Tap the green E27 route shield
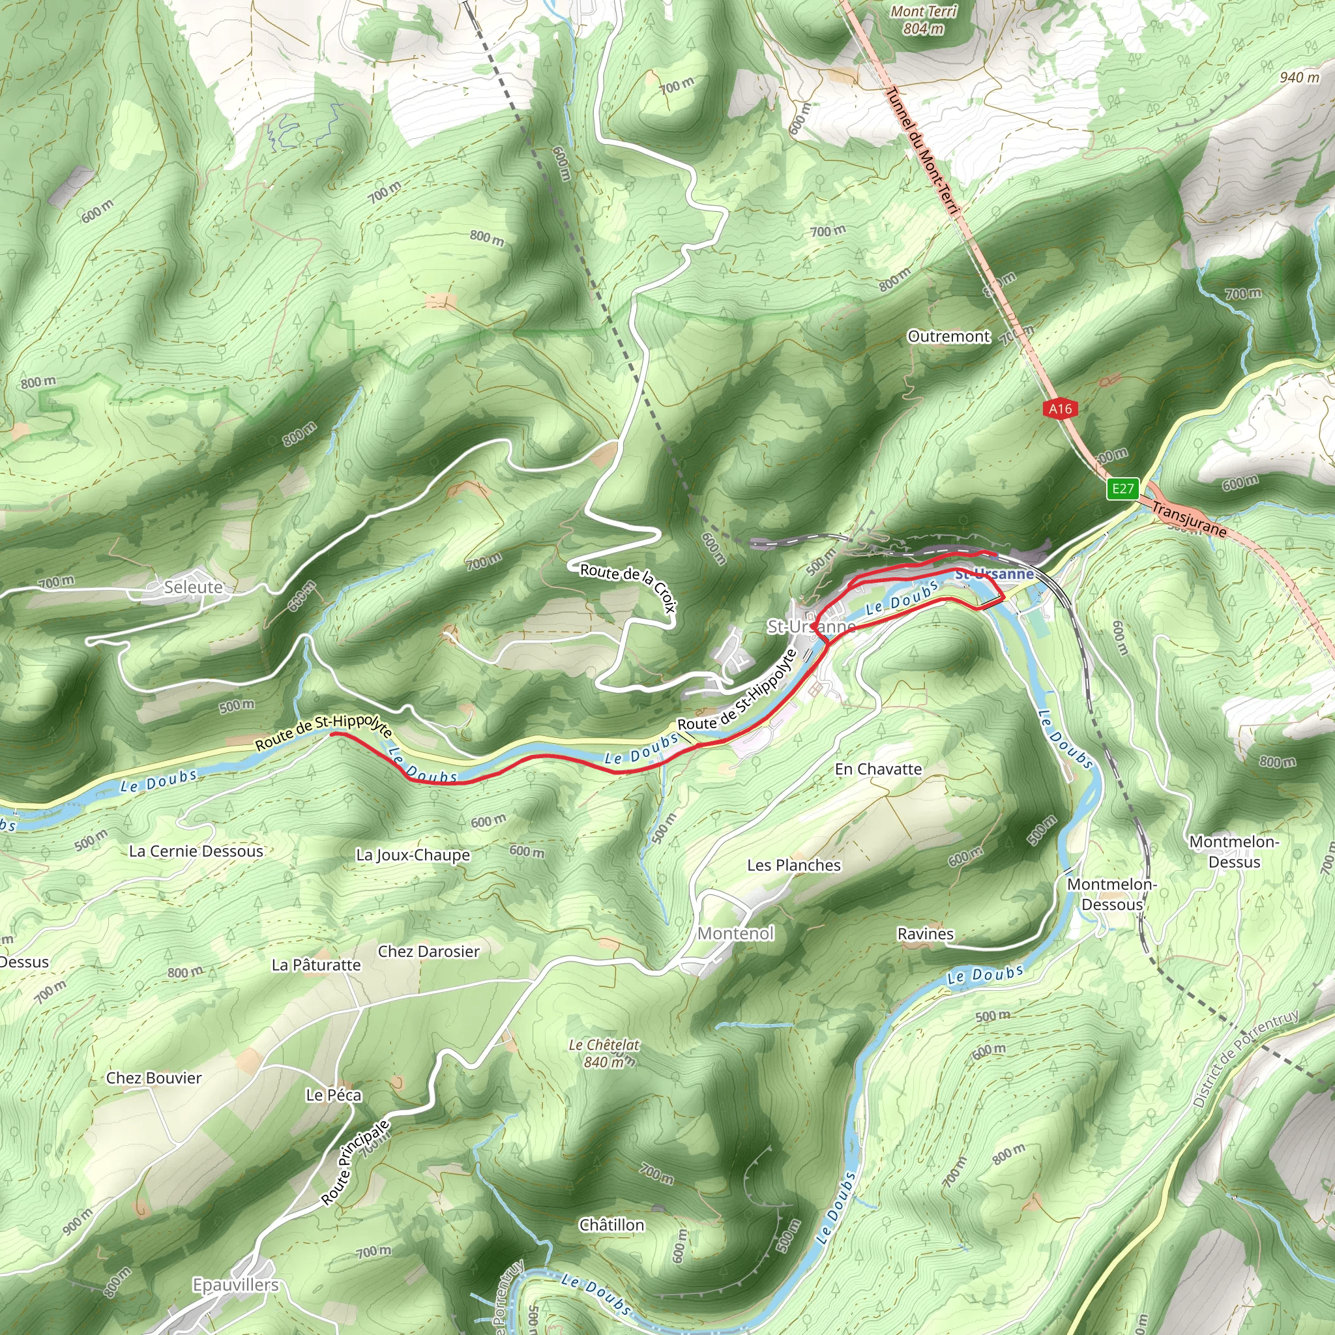point(1122,490)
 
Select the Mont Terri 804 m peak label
point(924,20)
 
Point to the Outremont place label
point(948,336)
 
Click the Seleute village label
point(194,587)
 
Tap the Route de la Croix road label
point(628,587)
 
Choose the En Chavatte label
point(878,769)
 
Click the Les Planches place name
point(794,865)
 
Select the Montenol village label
point(736,933)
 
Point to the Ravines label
point(925,934)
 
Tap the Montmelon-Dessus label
point(1234,852)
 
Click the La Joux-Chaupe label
point(413,855)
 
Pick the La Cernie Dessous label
point(196,851)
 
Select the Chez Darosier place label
point(428,952)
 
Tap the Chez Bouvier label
point(154,1078)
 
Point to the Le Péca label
point(334,1095)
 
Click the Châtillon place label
point(611,1225)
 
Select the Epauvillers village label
point(235,1285)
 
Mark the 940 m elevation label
point(1300,78)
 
